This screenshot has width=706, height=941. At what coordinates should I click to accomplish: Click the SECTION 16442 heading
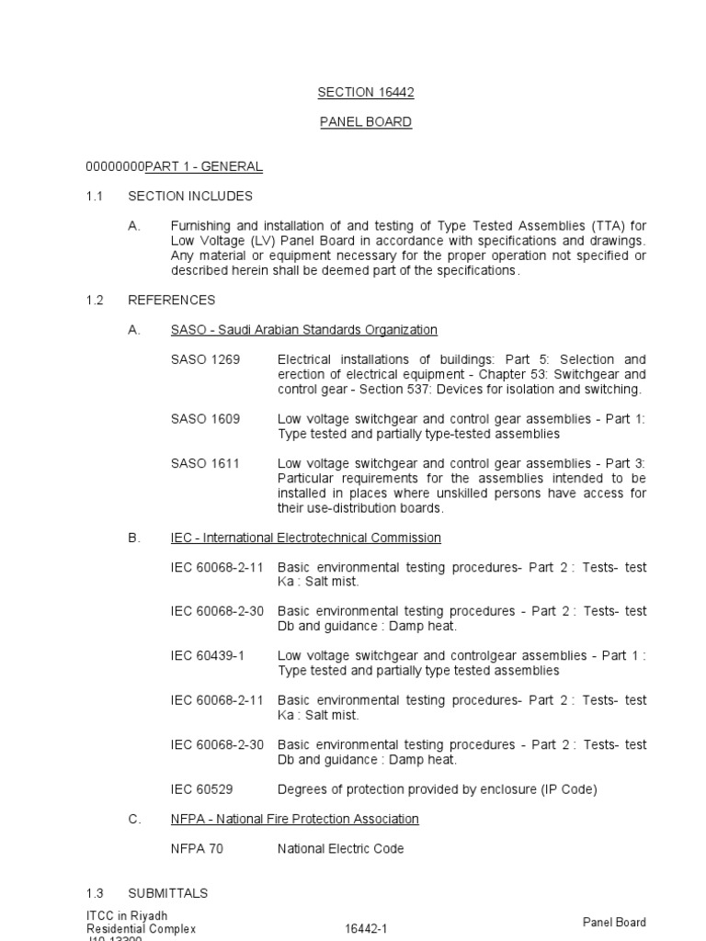(359, 92)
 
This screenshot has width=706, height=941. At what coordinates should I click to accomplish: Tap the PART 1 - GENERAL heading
(204, 166)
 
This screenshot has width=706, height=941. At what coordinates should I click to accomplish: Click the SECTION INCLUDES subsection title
(190, 196)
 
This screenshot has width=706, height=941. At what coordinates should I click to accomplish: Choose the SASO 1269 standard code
(205, 359)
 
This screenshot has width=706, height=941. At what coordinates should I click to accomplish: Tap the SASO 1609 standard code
(205, 419)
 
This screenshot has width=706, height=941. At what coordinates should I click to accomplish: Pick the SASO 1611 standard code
(205, 463)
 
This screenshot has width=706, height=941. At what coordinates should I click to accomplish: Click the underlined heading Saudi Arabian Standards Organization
(304, 330)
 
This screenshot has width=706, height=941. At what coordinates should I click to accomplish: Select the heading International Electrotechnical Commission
(306, 538)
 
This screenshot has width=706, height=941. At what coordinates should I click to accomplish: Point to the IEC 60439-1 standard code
(210, 656)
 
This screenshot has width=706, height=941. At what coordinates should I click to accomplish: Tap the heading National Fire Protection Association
(294, 819)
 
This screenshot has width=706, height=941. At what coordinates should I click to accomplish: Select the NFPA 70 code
(197, 849)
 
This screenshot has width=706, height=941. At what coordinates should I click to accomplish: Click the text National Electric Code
(341, 849)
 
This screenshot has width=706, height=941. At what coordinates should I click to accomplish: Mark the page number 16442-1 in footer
(366, 929)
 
